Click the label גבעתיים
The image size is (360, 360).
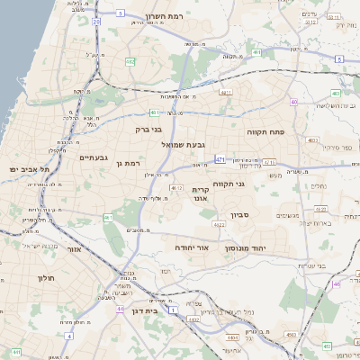(94, 158)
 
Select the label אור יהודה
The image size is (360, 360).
(191, 245)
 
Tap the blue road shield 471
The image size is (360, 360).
(220, 159)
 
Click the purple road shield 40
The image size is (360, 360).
(294, 102)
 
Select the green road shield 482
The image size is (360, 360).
(130, 61)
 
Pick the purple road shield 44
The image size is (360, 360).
(120, 309)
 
